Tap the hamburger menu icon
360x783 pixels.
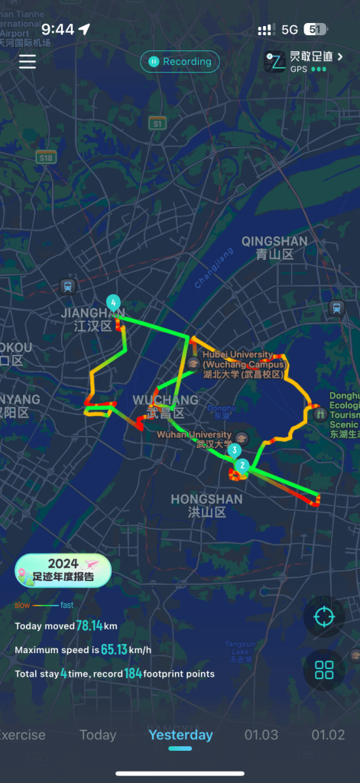tap(28, 62)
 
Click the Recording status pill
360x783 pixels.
tap(180, 62)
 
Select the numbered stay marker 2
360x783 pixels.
tap(242, 465)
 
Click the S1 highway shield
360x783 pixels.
tap(157, 123)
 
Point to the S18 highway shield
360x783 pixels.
tap(46, 157)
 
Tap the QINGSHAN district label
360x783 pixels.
tap(274, 247)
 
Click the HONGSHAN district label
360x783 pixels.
tap(206, 505)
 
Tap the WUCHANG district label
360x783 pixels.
tap(165, 405)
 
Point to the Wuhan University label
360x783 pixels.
tap(194, 438)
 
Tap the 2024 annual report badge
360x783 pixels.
tap(63, 570)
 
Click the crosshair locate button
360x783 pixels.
tap(324, 616)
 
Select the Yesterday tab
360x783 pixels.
tap(180, 735)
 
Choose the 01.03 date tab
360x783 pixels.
tap(261, 735)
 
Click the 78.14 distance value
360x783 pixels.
tap(89, 625)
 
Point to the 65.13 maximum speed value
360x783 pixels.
tap(116, 650)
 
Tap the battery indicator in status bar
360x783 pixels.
tap(314, 29)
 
